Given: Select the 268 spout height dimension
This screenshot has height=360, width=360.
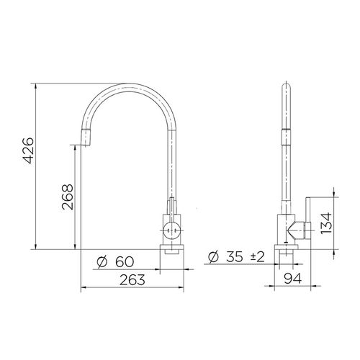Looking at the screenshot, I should pos(67,195).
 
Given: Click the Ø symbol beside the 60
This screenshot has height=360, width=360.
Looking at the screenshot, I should pos(102,261).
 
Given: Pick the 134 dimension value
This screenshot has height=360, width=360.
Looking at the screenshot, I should pos(326,222).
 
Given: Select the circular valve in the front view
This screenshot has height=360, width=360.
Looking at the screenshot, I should pos(171,230).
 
